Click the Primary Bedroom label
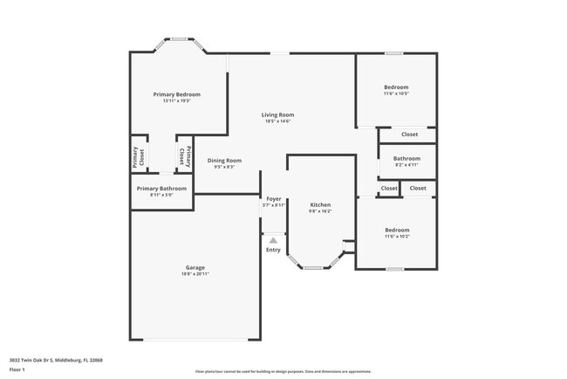pos(176,94)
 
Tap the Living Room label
pos(277,114)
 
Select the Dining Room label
pos(224,160)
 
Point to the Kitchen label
pos(320,204)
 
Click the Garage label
pos(195,267)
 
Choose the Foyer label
pos(273,198)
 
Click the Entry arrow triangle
pos(273,239)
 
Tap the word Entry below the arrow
pos(273,250)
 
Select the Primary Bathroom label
pos(161,189)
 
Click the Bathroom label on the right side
pos(406,158)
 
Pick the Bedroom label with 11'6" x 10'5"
pos(396,87)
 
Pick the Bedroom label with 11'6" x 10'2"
pos(397,230)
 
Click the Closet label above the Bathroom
pos(409,134)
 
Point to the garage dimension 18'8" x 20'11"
pos(195,274)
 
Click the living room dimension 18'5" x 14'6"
pos(277,121)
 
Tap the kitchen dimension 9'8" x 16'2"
pos(320,211)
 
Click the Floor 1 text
pos(18,369)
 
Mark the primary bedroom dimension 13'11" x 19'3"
pos(176,101)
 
